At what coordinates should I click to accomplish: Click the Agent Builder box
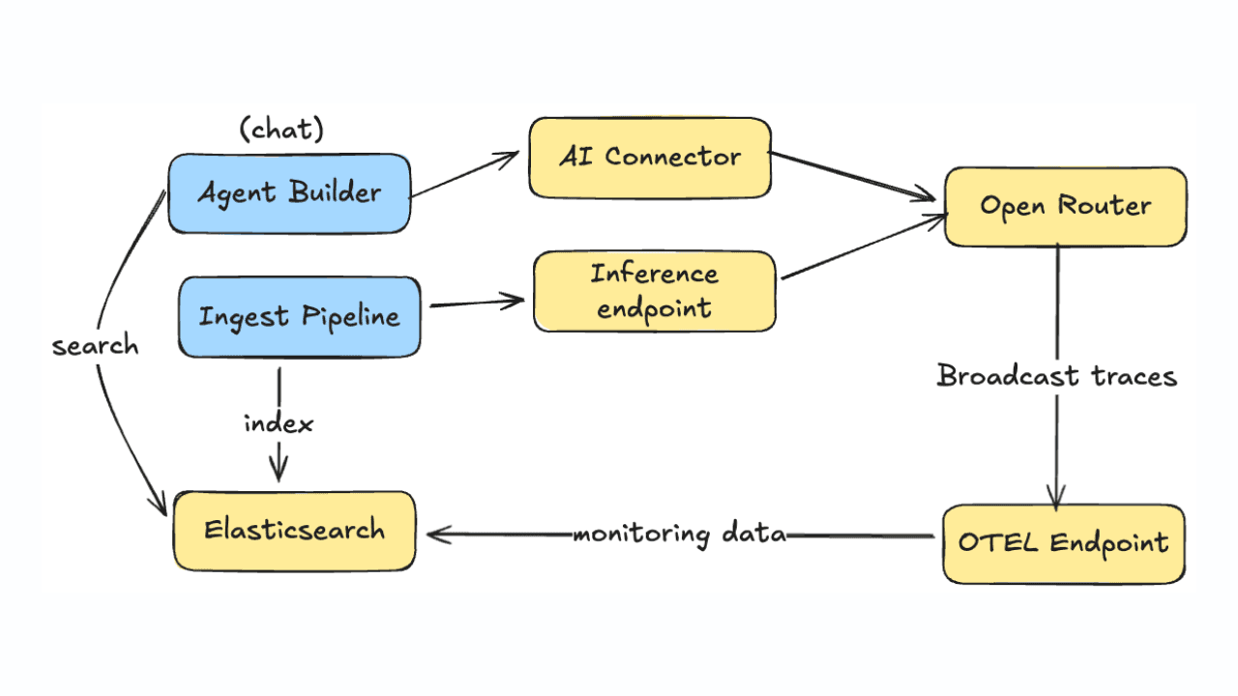click(x=289, y=192)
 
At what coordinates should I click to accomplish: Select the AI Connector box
click(x=650, y=158)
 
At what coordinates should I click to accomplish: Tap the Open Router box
click(x=1065, y=206)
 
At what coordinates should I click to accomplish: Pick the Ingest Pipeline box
click(x=299, y=317)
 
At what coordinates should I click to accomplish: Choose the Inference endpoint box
click(x=655, y=291)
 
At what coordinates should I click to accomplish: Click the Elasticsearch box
click(x=294, y=530)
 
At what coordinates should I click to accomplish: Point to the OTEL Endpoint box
click(x=1063, y=543)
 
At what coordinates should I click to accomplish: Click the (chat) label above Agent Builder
click(x=280, y=130)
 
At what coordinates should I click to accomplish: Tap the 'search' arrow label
click(x=95, y=346)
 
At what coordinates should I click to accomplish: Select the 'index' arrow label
click(x=279, y=423)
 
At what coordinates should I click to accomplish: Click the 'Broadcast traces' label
click(x=1057, y=376)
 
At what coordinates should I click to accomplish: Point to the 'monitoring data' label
click(x=679, y=534)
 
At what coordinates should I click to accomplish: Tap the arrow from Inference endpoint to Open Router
click(x=861, y=248)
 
